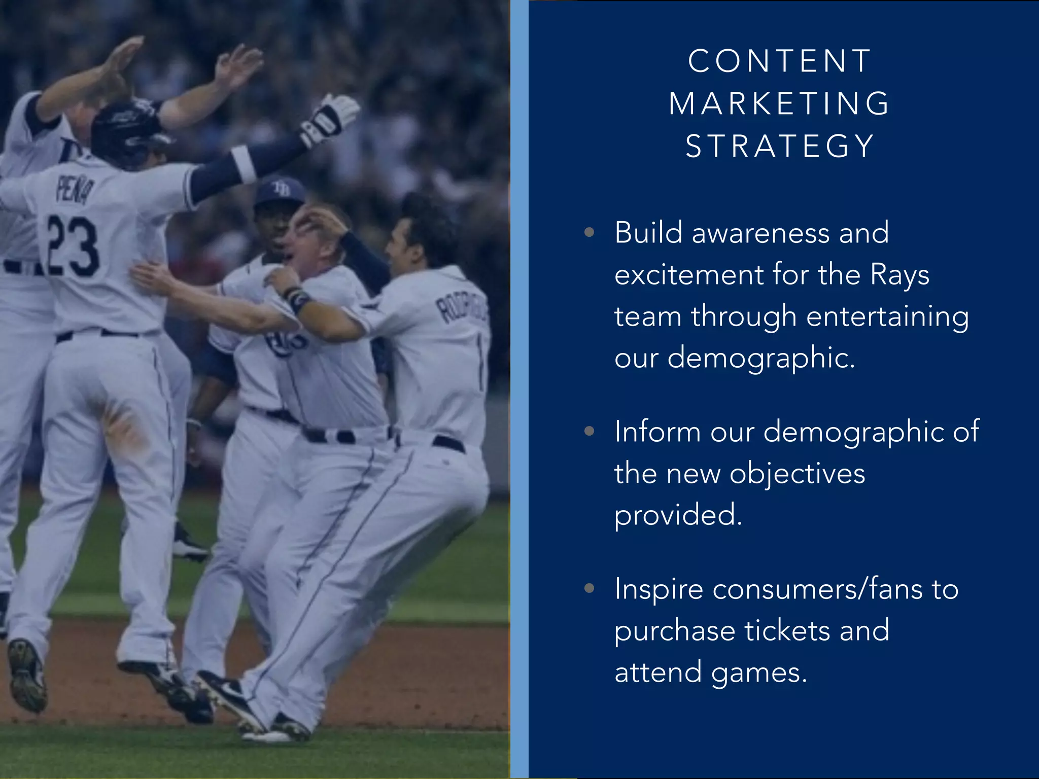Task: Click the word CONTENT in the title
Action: [779, 61]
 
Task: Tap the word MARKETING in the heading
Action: [779, 104]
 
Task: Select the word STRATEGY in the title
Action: [779, 147]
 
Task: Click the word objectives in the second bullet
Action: [797, 474]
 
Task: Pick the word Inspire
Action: [659, 590]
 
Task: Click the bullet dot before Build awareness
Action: [589, 233]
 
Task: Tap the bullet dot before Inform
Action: [589, 432]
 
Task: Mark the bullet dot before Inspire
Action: [589, 588]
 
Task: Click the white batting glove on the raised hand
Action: [330, 119]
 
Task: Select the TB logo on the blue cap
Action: [281, 189]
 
